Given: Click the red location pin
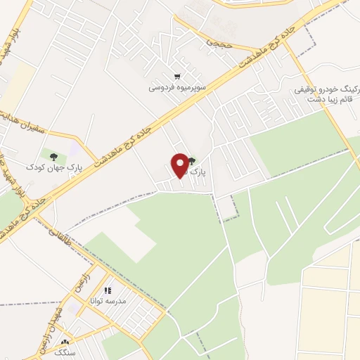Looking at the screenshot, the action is pyautogui.click(x=180, y=166).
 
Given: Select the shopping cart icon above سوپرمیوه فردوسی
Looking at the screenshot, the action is pyautogui.click(x=178, y=77).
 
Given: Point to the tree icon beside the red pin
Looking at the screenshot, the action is pyautogui.click(x=193, y=162).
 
